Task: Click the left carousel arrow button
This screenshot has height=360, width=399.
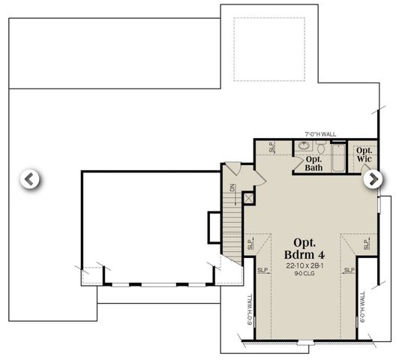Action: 29,179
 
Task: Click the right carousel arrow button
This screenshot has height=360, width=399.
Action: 372,179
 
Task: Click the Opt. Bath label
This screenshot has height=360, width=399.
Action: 313,163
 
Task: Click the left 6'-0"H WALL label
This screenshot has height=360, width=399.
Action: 250,307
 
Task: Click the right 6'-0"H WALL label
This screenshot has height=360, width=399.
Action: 362,307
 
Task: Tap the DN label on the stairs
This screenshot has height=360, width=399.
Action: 233,187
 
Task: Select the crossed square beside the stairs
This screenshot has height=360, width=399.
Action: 248,198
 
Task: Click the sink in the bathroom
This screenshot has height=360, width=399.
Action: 304,147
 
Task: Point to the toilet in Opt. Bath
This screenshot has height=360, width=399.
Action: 321,148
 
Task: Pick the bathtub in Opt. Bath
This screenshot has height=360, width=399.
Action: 337,157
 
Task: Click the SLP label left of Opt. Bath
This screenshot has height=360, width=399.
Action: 272,148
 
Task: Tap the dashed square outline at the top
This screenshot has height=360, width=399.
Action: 268,49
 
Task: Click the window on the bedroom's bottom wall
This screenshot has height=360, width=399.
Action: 304,342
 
